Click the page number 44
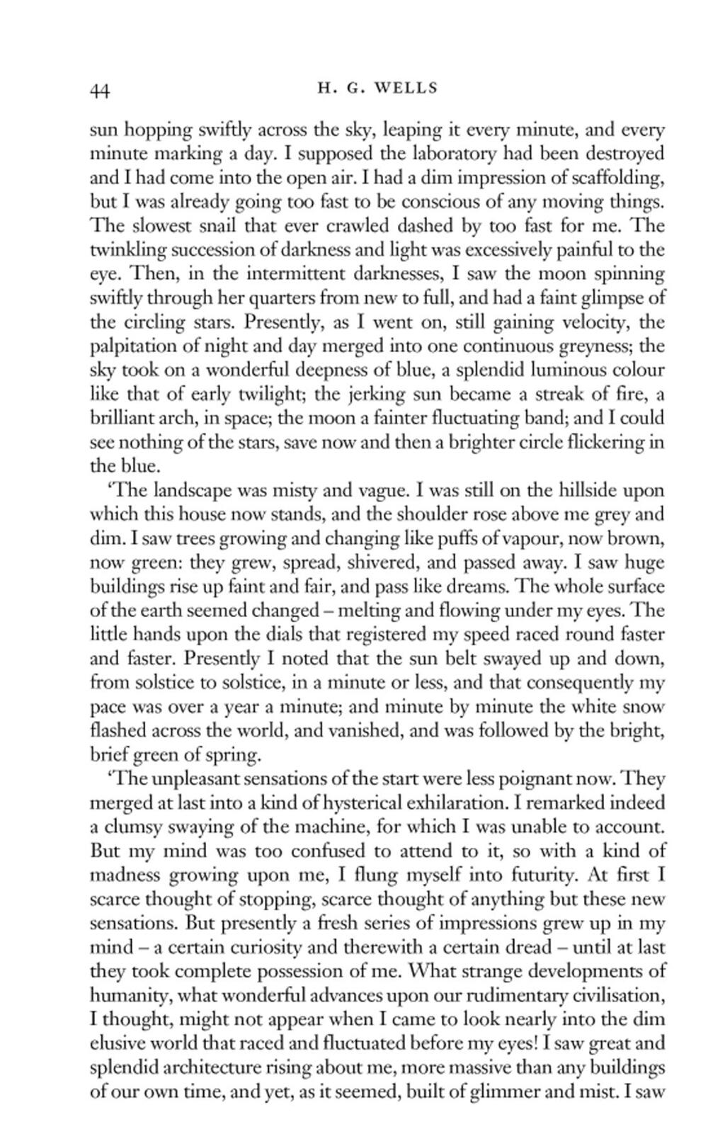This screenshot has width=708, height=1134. (x=98, y=90)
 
